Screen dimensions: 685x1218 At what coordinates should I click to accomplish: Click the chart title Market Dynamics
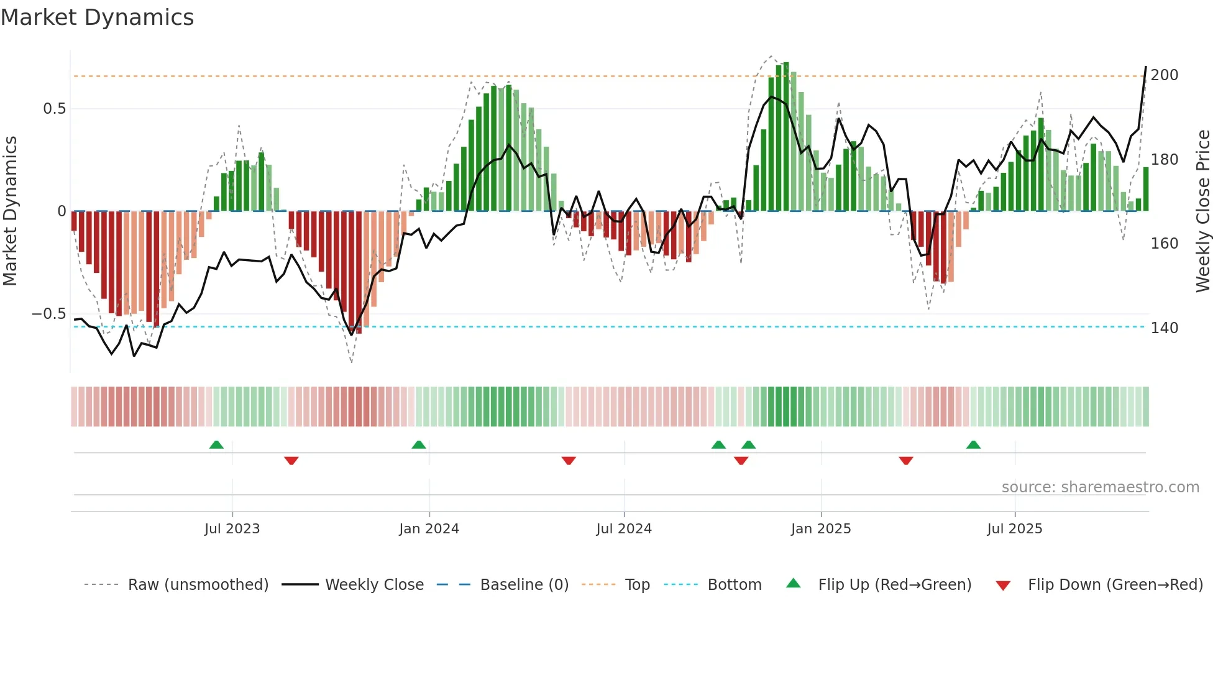(97, 17)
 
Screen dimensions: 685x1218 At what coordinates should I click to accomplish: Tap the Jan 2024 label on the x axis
(429, 529)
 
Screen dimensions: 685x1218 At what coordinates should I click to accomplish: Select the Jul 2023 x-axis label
(232, 529)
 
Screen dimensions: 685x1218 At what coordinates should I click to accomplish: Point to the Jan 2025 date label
(820, 529)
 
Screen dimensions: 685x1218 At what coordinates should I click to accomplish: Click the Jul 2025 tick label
(1014, 529)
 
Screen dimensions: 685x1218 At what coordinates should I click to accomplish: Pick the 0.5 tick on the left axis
(54, 109)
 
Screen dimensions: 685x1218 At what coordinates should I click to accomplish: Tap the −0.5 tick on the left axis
(49, 314)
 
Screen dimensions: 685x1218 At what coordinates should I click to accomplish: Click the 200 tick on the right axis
(1164, 75)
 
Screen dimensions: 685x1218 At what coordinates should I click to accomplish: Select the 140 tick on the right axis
(1164, 328)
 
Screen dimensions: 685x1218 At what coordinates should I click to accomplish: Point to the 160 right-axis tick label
(1164, 244)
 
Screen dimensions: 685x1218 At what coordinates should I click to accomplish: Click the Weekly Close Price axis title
(1203, 211)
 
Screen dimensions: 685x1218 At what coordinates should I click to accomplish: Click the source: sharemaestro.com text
(1100, 487)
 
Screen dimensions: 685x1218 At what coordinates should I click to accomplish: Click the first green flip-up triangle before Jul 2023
(216, 445)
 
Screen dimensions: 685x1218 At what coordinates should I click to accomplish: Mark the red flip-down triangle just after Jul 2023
(291, 460)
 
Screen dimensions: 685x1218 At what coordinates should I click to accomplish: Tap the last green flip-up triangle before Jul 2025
(973, 445)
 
